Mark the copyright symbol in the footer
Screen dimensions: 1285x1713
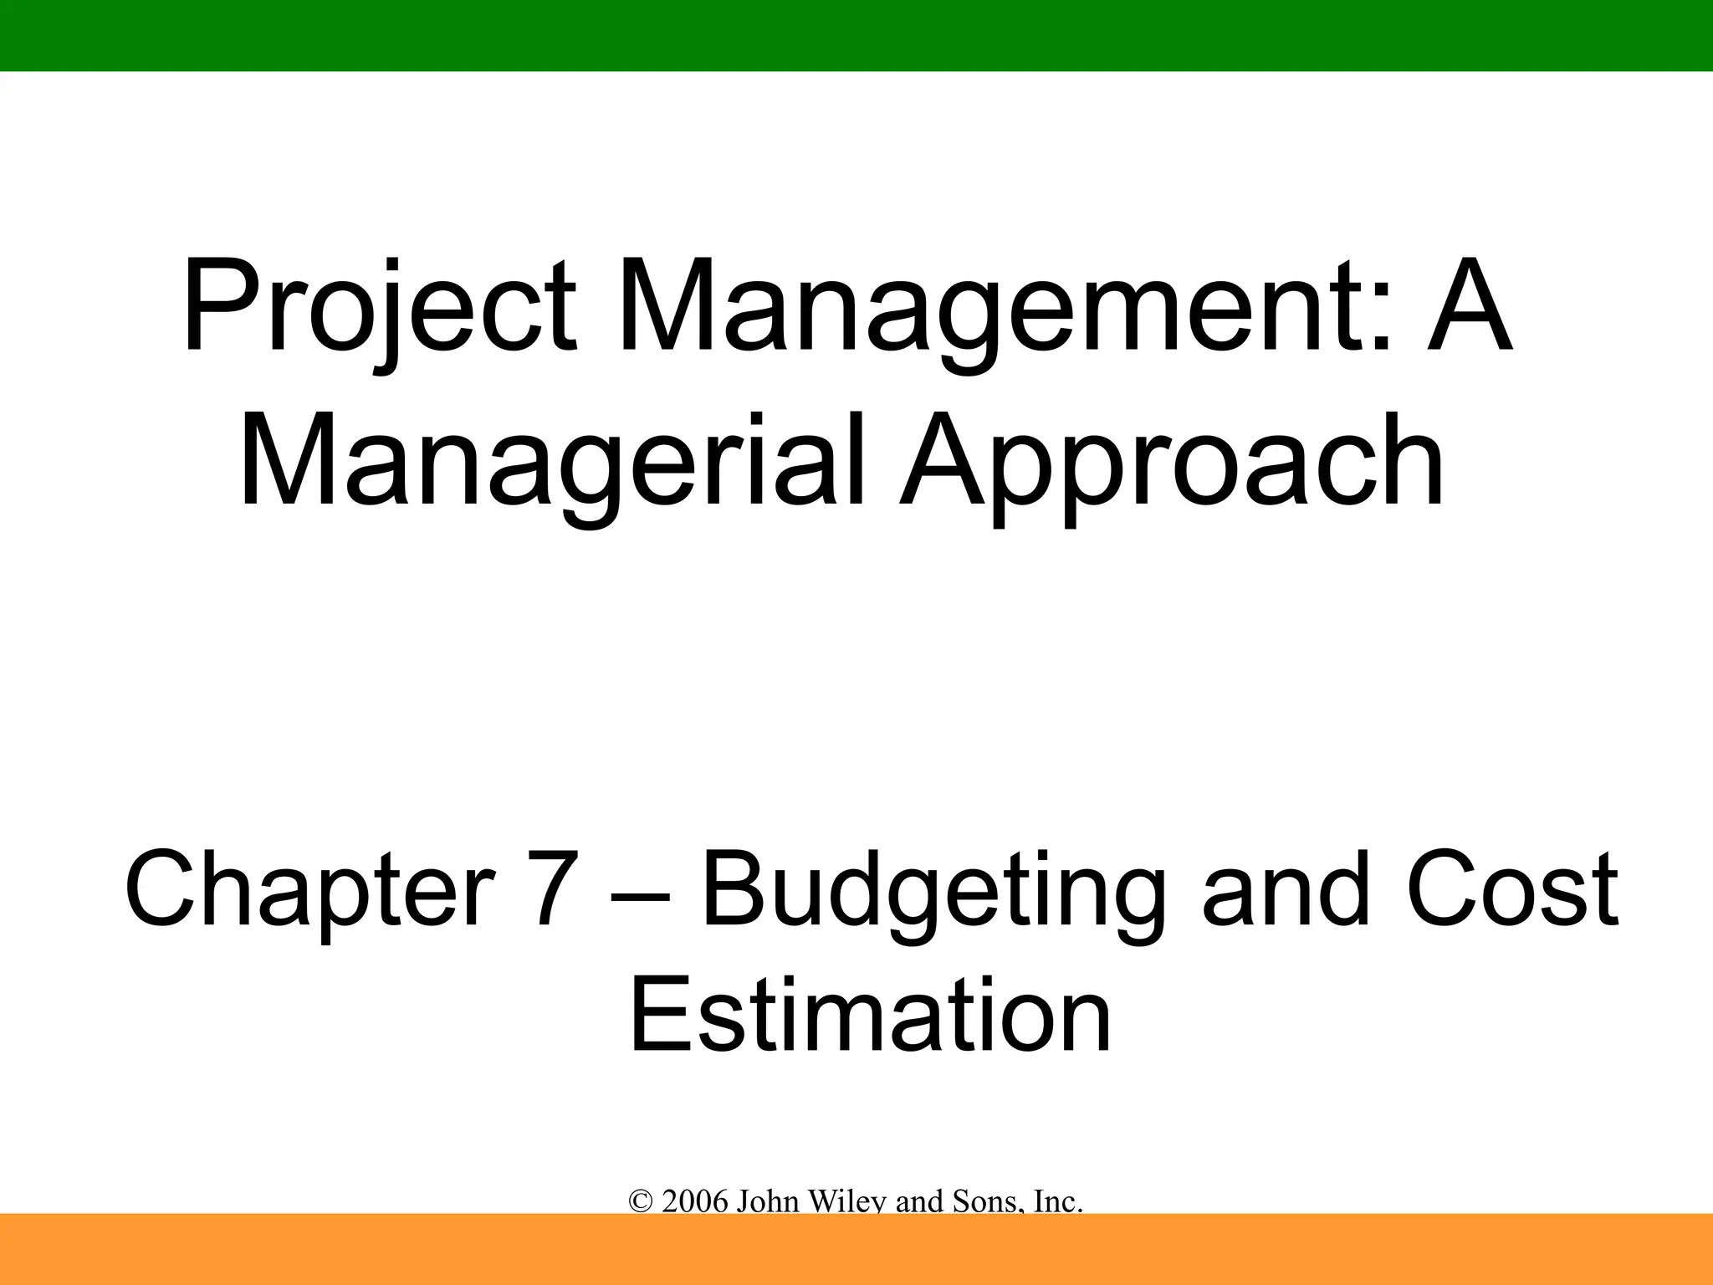pyautogui.click(x=641, y=1202)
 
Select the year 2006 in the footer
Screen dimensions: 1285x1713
pyautogui.click(x=694, y=1202)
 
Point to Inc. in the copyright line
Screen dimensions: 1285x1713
pyautogui.click(x=1058, y=1202)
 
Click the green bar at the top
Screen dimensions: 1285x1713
pyautogui.click(x=856, y=35)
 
